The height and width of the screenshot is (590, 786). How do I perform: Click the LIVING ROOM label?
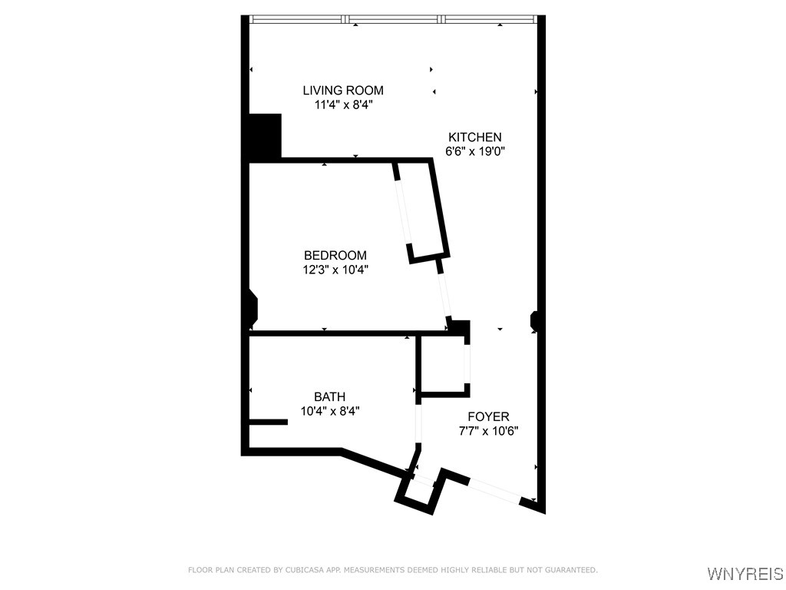pyautogui.click(x=343, y=91)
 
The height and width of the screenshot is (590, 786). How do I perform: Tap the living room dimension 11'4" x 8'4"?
pyautogui.click(x=343, y=105)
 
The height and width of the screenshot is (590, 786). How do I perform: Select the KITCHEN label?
pyautogui.click(x=475, y=137)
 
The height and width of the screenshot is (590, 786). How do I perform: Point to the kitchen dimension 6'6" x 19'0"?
pyautogui.click(x=475, y=151)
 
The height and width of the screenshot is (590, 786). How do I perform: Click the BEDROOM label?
pyautogui.click(x=335, y=255)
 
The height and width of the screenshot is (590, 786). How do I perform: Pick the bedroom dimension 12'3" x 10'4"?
pyautogui.click(x=335, y=270)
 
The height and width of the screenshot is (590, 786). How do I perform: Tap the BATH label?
pyautogui.click(x=329, y=396)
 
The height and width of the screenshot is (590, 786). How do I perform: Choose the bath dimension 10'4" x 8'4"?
pyautogui.click(x=329, y=411)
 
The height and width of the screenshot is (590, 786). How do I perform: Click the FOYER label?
pyautogui.click(x=488, y=416)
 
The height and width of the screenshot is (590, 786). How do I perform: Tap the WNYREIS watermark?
pyautogui.click(x=745, y=574)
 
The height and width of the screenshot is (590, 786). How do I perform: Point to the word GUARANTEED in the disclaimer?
pyautogui.click(x=571, y=570)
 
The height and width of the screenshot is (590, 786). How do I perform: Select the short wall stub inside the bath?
pyautogui.click(x=268, y=422)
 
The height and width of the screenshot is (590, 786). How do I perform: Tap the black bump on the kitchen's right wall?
pyautogui.click(x=535, y=321)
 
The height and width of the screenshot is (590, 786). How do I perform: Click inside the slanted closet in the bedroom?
pyautogui.click(x=421, y=211)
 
